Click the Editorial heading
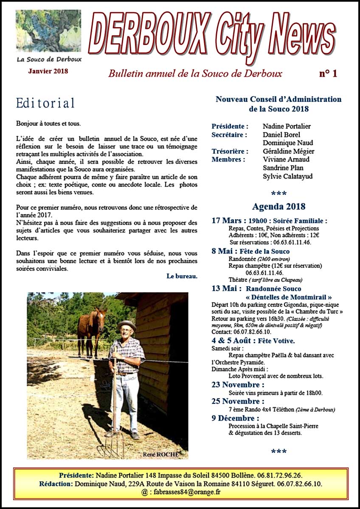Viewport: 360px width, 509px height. click(x=45, y=103)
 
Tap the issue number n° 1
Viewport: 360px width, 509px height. click(x=328, y=74)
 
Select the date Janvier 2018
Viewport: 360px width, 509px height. click(x=48, y=71)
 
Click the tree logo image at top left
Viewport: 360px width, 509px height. click(x=48, y=31)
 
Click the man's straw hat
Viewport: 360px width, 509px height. click(x=127, y=326)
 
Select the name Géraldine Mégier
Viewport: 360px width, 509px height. click(x=288, y=151)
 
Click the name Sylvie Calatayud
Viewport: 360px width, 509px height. click(x=287, y=176)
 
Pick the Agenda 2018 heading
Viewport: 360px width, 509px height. click(x=278, y=207)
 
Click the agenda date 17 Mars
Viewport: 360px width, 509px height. click(x=228, y=221)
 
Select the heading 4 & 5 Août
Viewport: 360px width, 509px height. click(x=233, y=341)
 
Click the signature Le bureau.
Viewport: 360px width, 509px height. click(x=182, y=276)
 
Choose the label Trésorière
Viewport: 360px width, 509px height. click(x=230, y=151)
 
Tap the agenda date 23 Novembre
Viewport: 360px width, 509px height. click(x=237, y=385)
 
